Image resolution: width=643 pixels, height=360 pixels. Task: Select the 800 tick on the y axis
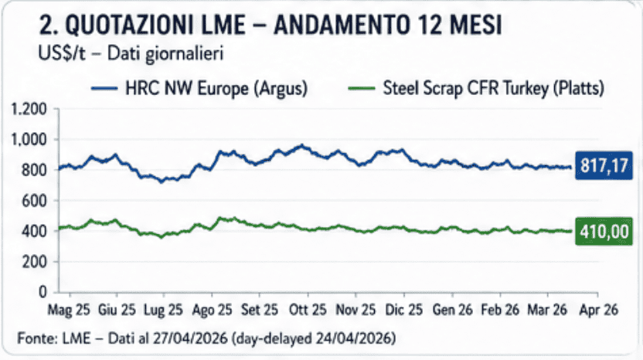(x=35, y=170)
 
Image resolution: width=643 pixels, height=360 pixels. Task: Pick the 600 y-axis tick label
(x=35, y=201)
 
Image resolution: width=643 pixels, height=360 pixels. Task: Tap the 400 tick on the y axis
(x=35, y=231)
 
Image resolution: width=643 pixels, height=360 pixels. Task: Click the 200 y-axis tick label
(x=35, y=262)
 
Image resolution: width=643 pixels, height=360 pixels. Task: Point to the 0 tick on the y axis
(x=43, y=293)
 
